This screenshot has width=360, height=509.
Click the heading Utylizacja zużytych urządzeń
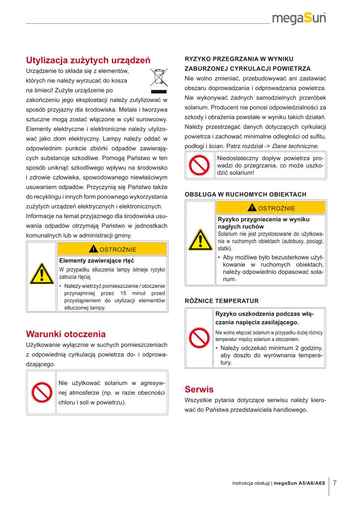tap(88, 61)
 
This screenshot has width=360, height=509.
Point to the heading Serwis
tap(199, 389)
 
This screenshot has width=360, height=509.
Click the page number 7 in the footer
tap(335, 483)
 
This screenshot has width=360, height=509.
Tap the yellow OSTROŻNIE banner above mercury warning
tap(112, 249)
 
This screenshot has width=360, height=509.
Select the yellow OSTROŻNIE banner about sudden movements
tap(271, 208)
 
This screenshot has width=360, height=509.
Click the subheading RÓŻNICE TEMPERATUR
tap(222, 301)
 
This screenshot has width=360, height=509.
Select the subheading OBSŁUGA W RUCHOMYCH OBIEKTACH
tap(245, 194)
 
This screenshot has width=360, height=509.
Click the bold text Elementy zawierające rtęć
tap(96, 260)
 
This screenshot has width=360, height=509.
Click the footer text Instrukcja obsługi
tap(251, 483)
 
